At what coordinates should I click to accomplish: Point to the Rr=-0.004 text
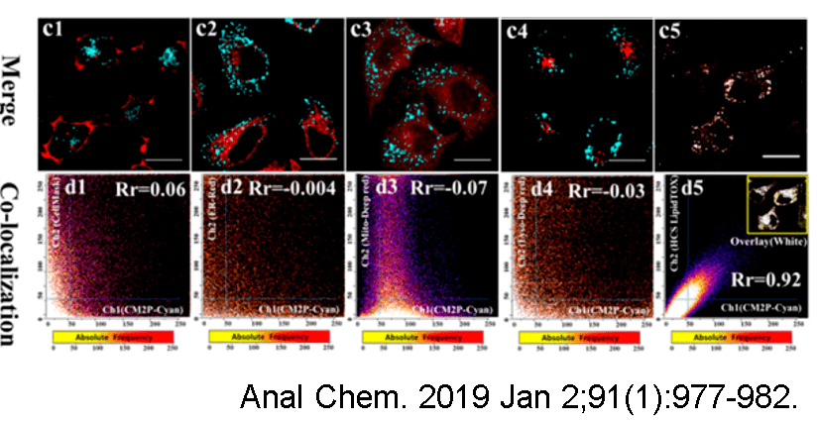[x=294, y=187]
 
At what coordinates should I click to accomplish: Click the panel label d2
[x=209, y=187]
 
